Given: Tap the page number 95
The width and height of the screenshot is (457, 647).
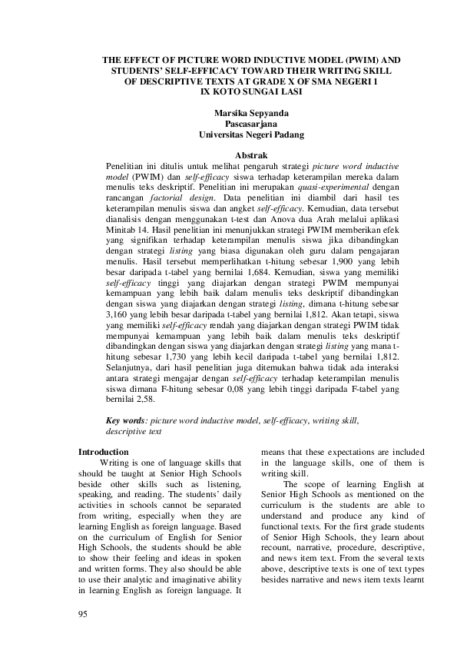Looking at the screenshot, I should point(84,613).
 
